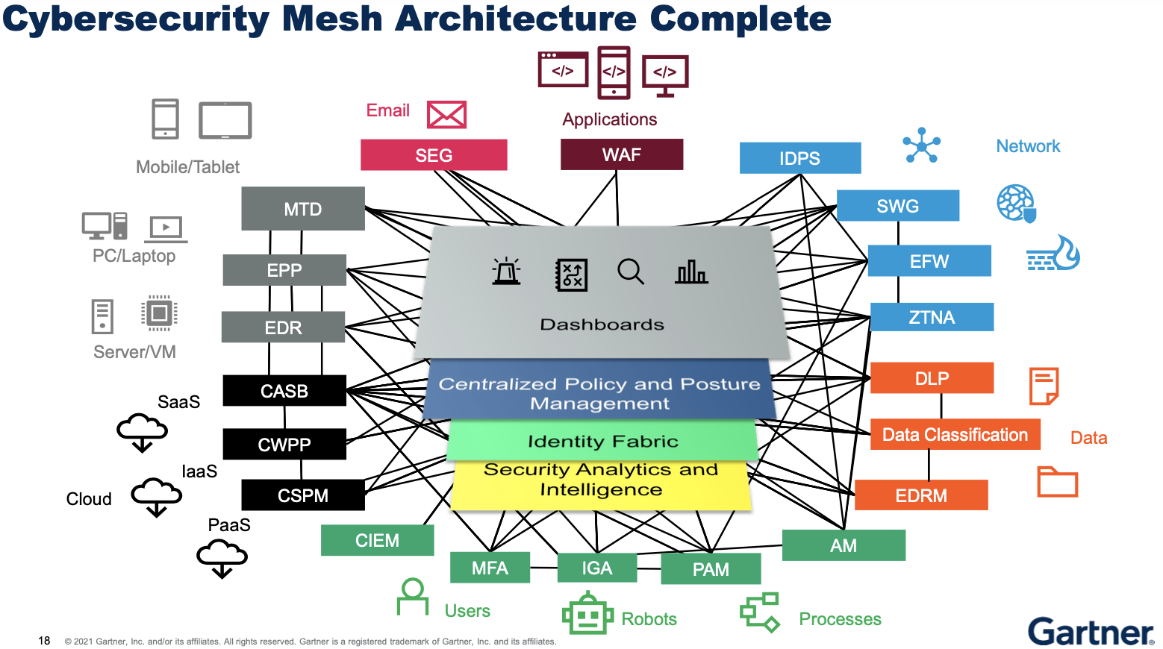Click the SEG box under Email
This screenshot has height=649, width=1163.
coord(434,154)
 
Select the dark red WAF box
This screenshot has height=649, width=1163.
coord(622,154)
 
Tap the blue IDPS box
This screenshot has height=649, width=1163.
coord(800,157)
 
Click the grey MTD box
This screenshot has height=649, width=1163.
coord(302,209)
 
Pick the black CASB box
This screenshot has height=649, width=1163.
coord(284,391)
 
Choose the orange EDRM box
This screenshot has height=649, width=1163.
coord(921,495)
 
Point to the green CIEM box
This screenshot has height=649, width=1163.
coord(378,540)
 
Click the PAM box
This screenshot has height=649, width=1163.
coord(711,569)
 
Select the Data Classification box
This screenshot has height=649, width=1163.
coord(955,434)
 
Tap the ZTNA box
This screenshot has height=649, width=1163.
coord(932,317)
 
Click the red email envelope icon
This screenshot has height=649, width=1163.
coord(446,115)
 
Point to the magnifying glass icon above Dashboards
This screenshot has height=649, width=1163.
coord(631,272)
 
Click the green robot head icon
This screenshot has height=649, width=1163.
coord(587,613)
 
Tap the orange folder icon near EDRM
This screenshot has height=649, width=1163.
coord(1058,482)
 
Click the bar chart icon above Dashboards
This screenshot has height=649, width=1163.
coord(691,272)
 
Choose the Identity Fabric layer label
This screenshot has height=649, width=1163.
coord(603,441)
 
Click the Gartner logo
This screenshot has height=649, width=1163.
coord(1091,631)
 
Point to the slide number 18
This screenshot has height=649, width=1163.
coord(44,641)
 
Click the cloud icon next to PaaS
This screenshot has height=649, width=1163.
coord(222,559)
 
